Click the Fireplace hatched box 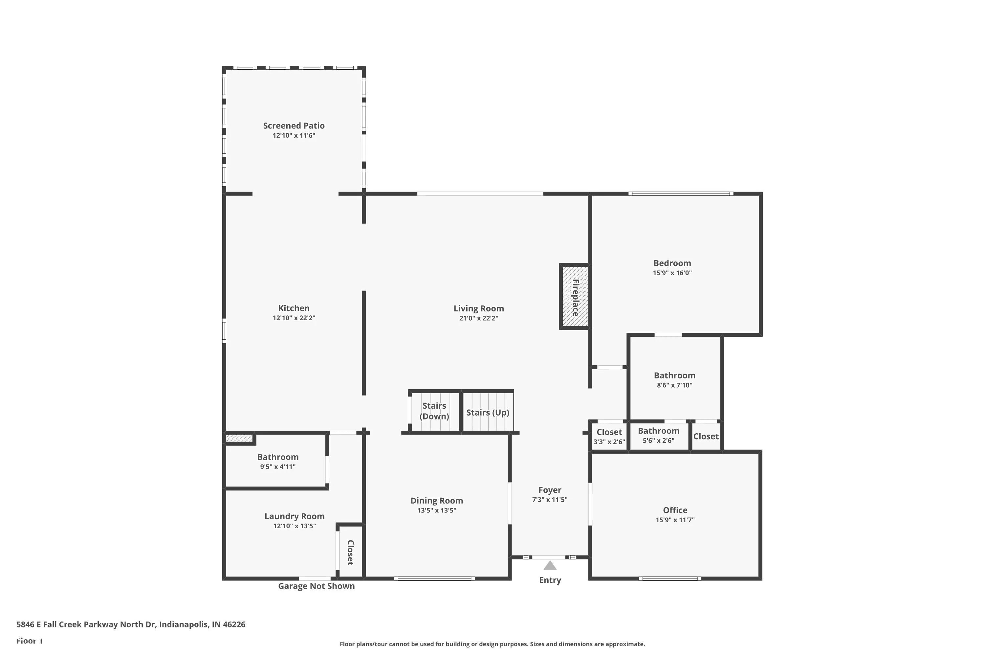click(x=575, y=297)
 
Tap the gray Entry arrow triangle click(x=550, y=566)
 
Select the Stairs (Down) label click(x=434, y=411)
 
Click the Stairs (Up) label click(x=488, y=413)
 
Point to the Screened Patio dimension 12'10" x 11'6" click(x=294, y=135)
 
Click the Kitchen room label click(x=294, y=308)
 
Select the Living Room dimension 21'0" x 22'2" click(x=478, y=318)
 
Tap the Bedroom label click(x=672, y=263)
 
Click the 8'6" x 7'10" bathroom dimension click(x=674, y=385)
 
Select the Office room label click(x=675, y=510)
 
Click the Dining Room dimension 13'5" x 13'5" click(x=436, y=510)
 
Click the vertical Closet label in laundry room click(x=351, y=552)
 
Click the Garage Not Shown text click(x=316, y=586)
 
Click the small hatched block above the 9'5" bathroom click(x=239, y=438)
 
